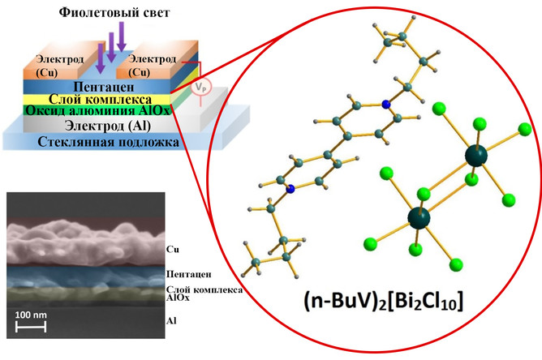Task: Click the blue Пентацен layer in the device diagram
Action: [x=97, y=86]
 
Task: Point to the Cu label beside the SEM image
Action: [x=171, y=248]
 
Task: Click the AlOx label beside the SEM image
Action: [x=176, y=298]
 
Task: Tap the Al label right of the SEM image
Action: [x=170, y=320]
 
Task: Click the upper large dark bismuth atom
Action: [x=474, y=156]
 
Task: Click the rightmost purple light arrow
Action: [x=122, y=37]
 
